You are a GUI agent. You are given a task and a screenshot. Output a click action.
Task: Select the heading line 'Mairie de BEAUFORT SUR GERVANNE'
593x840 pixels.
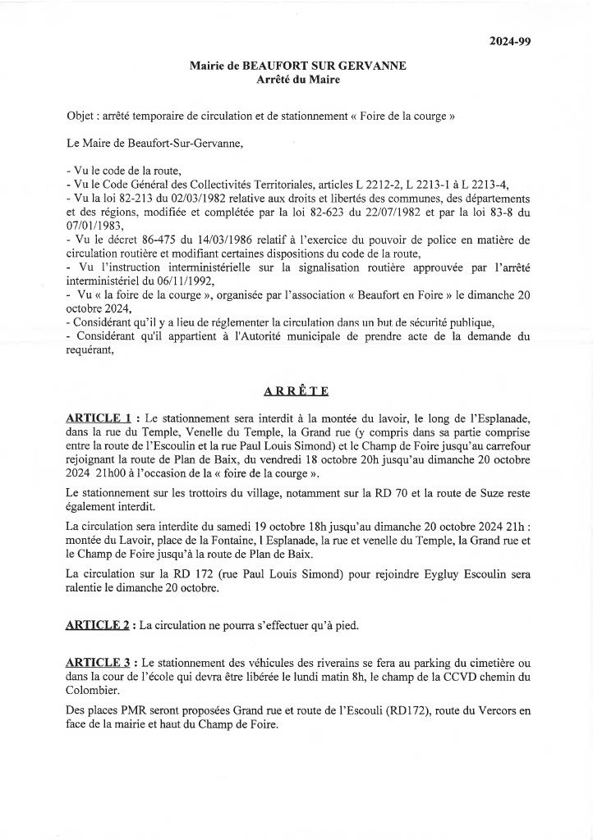(x=297, y=66)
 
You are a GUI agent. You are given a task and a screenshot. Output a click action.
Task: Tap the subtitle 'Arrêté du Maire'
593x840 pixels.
(x=298, y=80)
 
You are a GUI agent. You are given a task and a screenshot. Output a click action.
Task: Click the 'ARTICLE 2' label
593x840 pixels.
(x=98, y=625)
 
